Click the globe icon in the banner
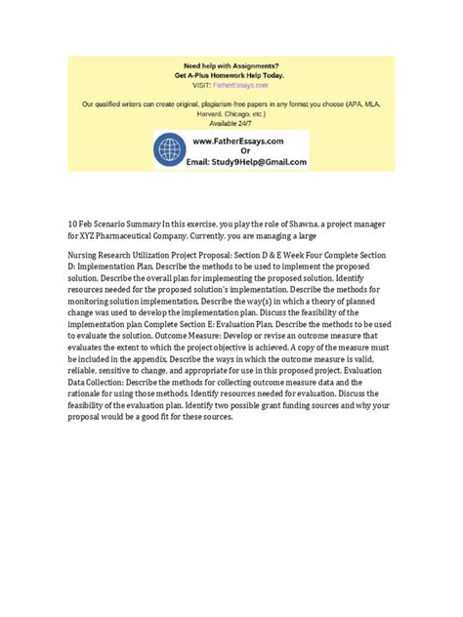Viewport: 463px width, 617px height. [x=171, y=151]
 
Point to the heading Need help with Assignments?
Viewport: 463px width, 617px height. [x=231, y=64]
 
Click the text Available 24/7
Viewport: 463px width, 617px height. [x=231, y=123]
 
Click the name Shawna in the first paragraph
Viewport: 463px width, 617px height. [x=317, y=223]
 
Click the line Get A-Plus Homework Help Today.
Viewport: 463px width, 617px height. [x=231, y=75]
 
